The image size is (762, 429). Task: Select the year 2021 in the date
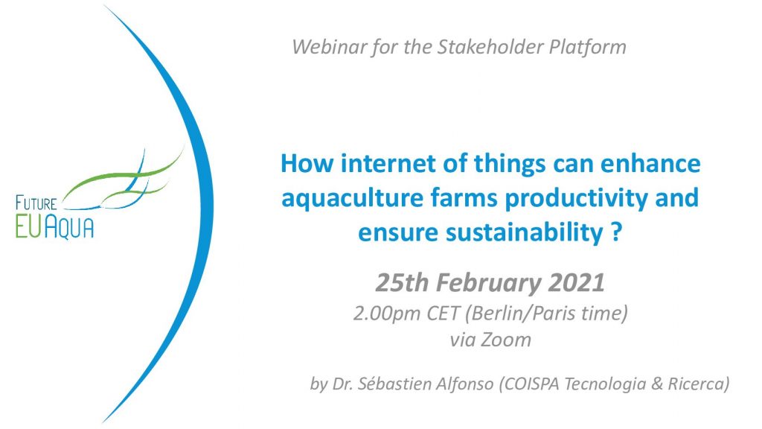click(x=577, y=282)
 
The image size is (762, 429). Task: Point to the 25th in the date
click(x=402, y=282)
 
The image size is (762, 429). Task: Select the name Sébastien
click(x=394, y=384)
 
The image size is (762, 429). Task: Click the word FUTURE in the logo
click(x=36, y=203)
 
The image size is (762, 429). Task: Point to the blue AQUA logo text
click(x=68, y=226)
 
